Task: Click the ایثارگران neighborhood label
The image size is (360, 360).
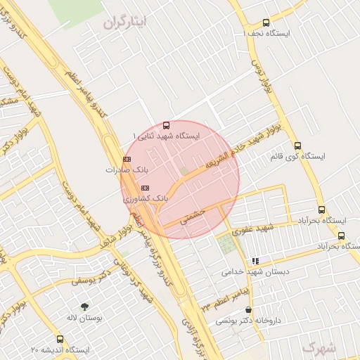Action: pos(127,22)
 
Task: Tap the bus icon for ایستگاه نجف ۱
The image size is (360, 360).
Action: pos(265,22)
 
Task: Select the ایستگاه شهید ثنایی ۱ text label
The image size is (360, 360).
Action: pos(167,135)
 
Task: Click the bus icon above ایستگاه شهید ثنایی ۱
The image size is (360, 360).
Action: pos(166,124)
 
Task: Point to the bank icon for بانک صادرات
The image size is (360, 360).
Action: pos(127,160)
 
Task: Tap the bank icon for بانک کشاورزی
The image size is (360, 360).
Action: pos(146,188)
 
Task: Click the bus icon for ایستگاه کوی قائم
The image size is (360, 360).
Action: pos(297,146)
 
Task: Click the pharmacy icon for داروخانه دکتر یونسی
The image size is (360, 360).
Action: pos(247,309)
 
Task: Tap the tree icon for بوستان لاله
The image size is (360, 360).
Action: pos(85,307)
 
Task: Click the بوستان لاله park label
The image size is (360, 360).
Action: pos(85,318)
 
